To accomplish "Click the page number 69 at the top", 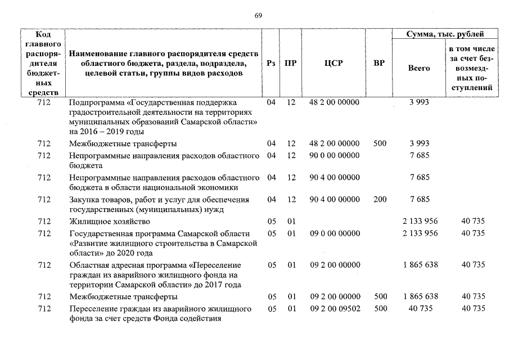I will (258, 16).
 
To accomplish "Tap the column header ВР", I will (379, 63).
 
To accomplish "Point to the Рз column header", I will (272, 63).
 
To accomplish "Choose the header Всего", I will (418, 68).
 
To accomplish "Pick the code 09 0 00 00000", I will (334, 233).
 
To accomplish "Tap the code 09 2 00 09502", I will (334, 309).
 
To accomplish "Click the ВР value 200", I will (380, 199).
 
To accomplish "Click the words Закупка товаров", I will (97, 200).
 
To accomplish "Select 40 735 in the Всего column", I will (420, 309).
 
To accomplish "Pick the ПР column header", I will (290, 63).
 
